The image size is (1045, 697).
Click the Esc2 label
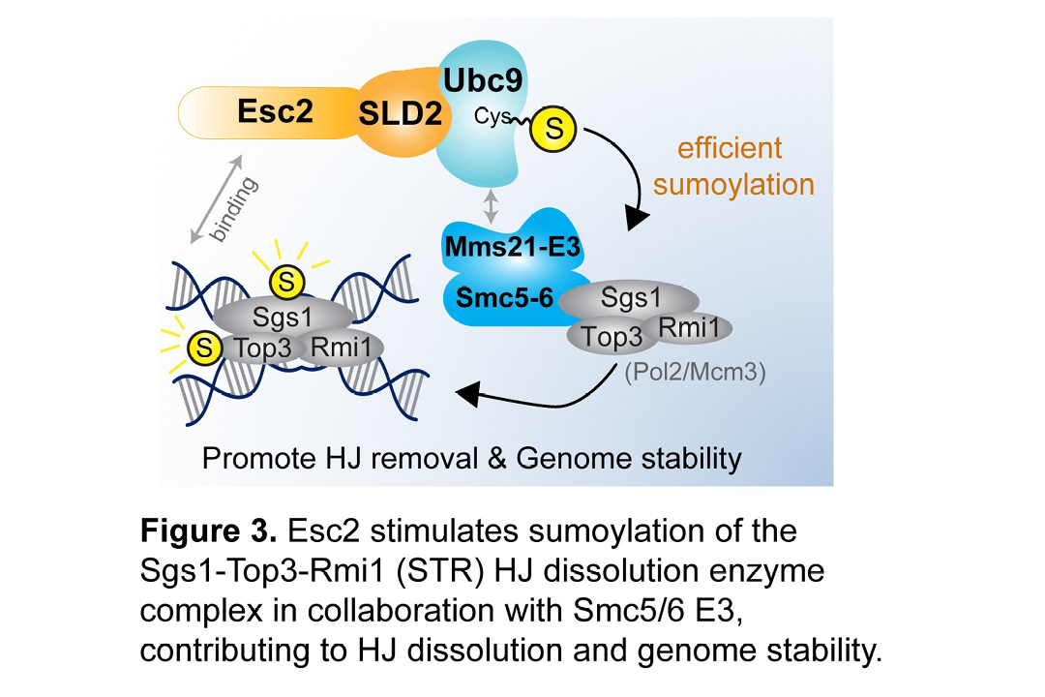(x=276, y=111)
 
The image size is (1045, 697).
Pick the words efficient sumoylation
(x=732, y=167)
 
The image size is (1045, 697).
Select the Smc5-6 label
(x=500, y=298)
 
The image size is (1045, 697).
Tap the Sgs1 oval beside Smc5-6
(x=631, y=298)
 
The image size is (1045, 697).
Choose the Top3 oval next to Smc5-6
(x=612, y=338)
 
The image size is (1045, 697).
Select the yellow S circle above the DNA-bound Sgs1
(x=286, y=282)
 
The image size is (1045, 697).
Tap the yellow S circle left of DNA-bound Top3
(x=203, y=345)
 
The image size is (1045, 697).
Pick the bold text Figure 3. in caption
(x=209, y=531)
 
